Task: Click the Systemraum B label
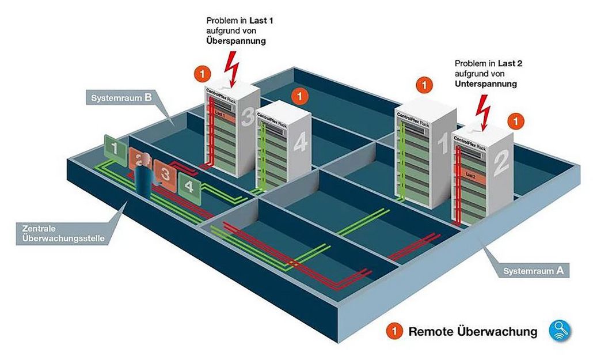pyautogui.click(x=121, y=98)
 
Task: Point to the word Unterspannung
pyautogui.click(x=485, y=84)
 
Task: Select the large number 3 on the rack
pyautogui.click(x=247, y=118)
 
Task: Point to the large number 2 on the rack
pyautogui.click(x=501, y=163)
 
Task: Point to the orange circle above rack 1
pyautogui.click(x=424, y=85)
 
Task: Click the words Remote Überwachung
pyautogui.click(x=473, y=332)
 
